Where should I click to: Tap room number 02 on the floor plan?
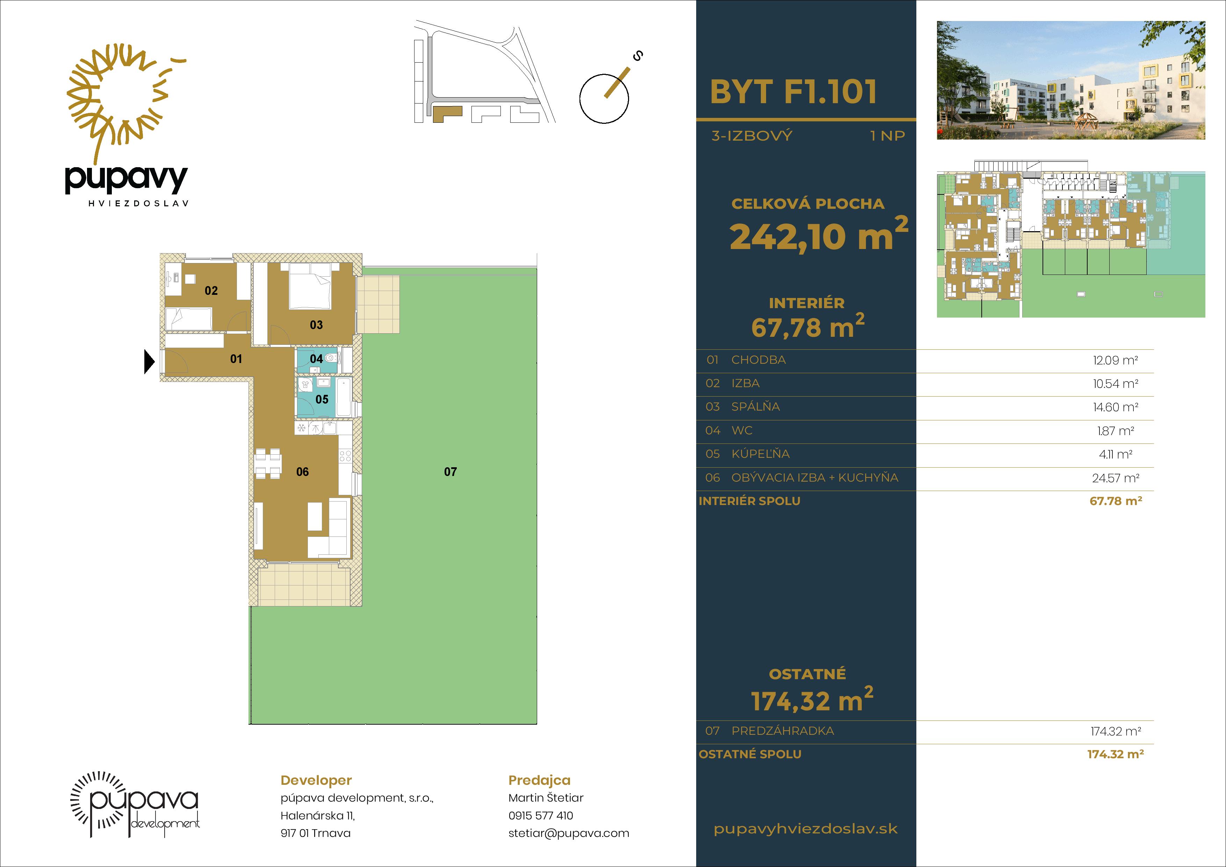[x=211, y=291]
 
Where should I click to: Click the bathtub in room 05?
[x=344, y=397]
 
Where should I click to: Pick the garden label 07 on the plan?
[x=450, y=472]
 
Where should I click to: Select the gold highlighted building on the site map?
[x=446, y=113]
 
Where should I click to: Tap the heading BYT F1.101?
[x=793, y=92]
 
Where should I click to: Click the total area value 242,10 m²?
[x=818, y=235]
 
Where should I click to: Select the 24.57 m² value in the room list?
[x=1116, y=478]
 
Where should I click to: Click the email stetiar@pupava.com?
[x=569, y=833]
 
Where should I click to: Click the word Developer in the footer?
[x=316, y=781]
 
